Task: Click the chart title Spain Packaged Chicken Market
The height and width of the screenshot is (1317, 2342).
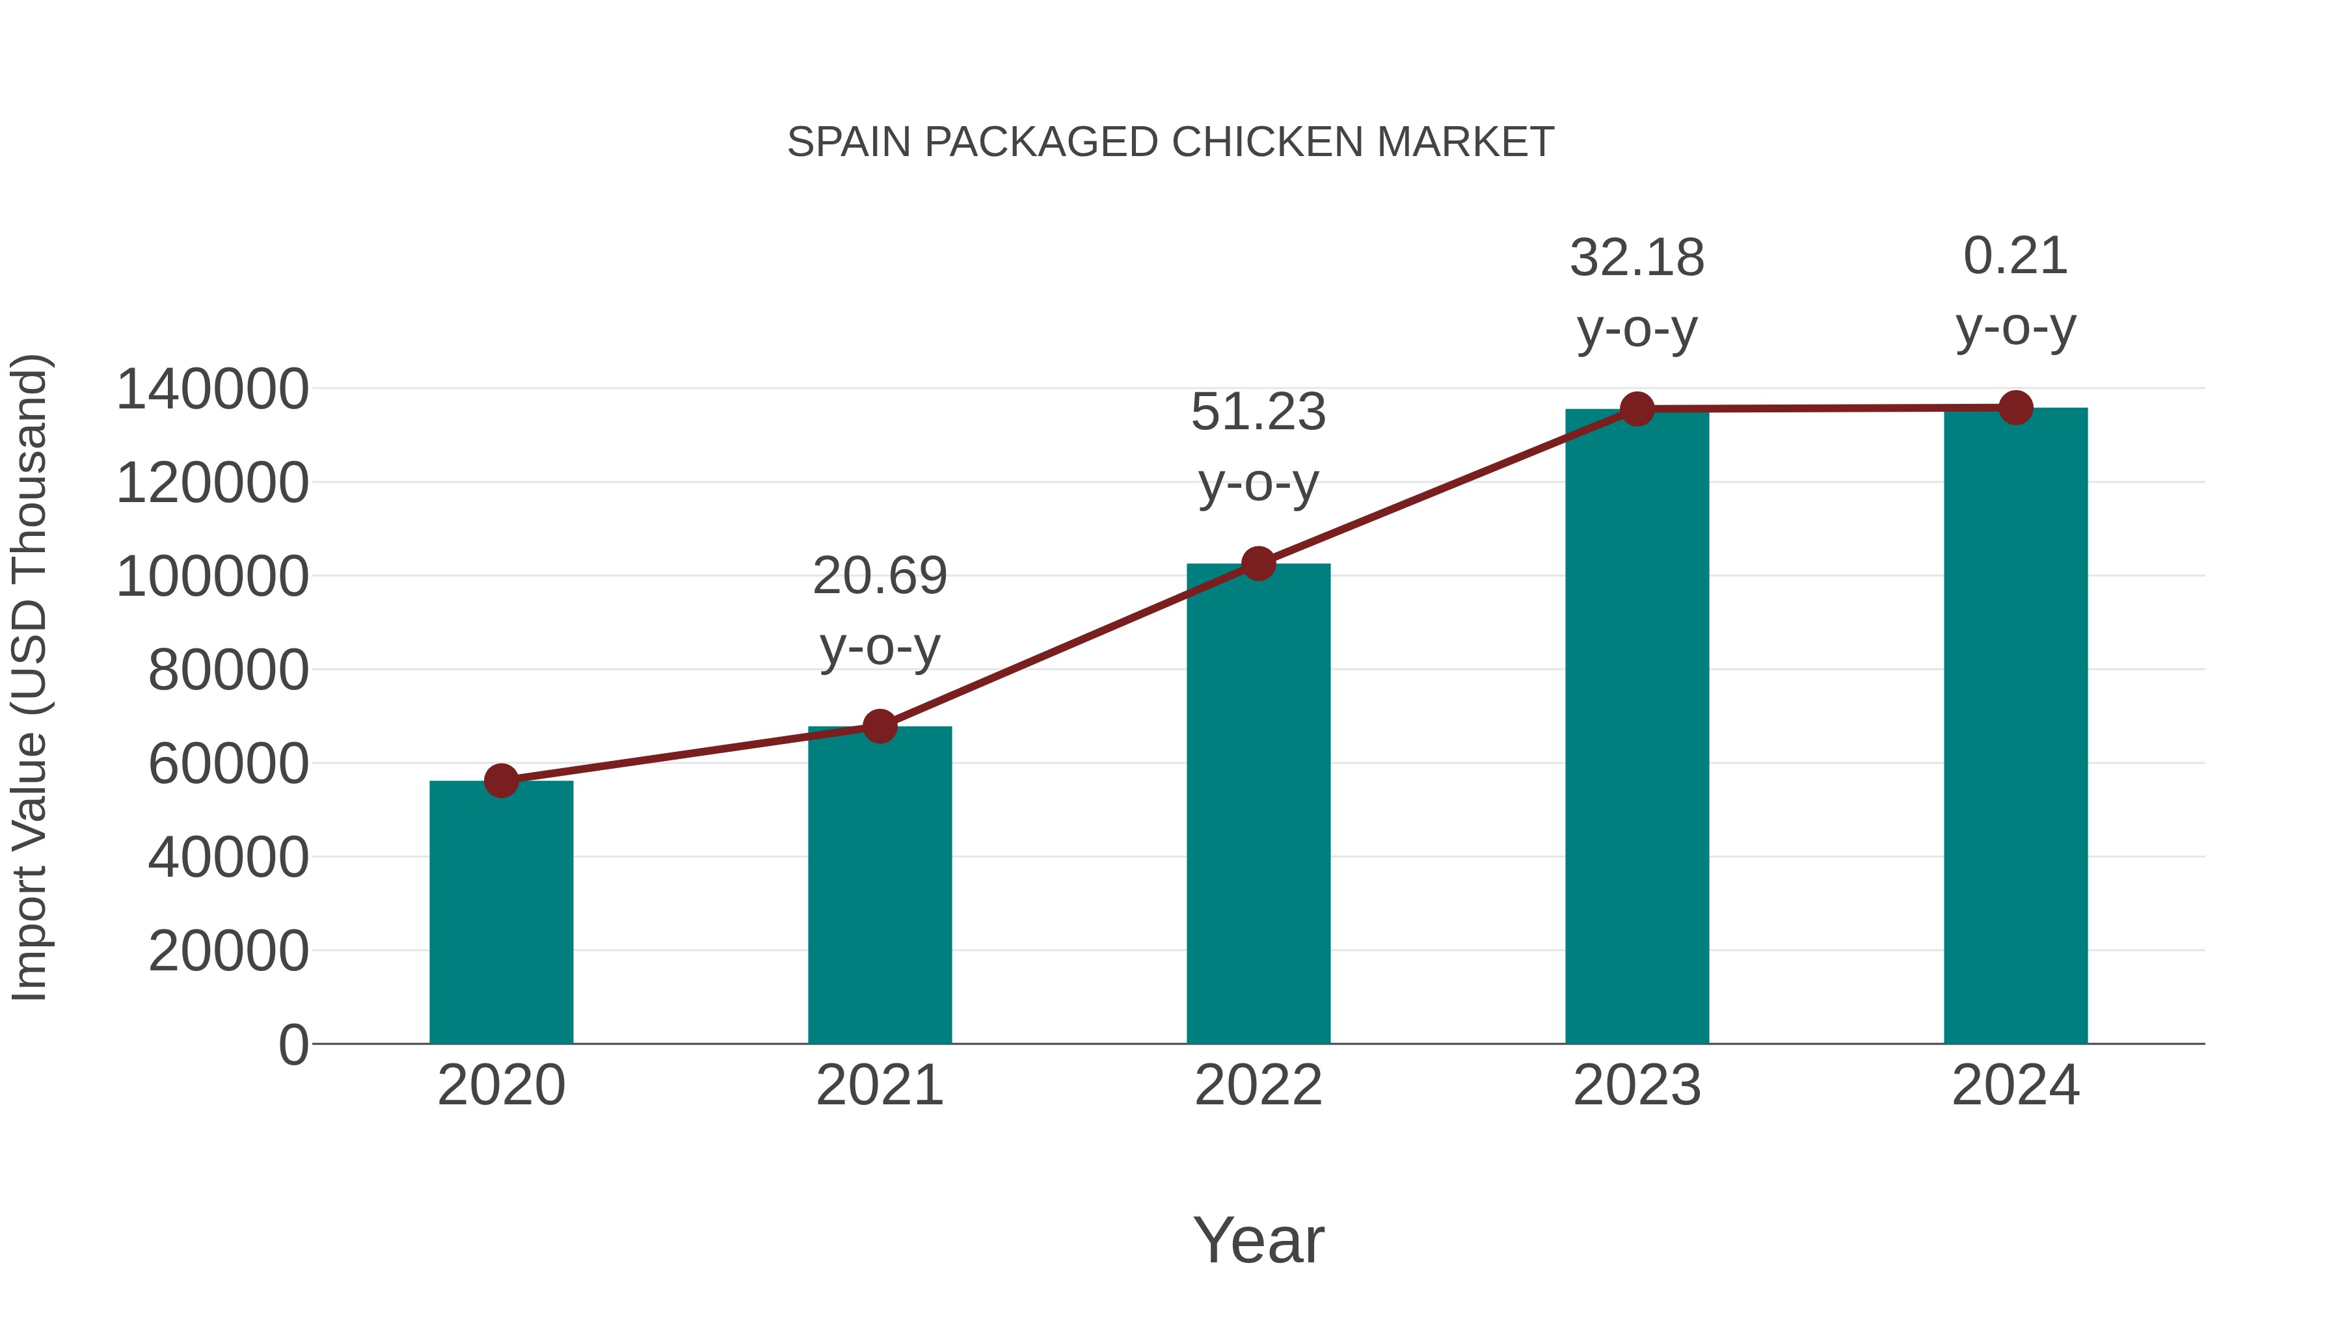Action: pyautogui.click(x=1170, y=142)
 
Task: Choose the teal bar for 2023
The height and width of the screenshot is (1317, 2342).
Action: pyautogui.click(x=1637, y=726)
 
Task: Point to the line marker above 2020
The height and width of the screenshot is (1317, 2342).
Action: pyautogui.click(x=501, y=780)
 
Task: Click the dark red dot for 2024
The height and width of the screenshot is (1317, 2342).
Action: pyautogui.click(x=2015, y=408)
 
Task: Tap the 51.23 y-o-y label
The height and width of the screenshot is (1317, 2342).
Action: pyautogui.click(x=1258, y=447)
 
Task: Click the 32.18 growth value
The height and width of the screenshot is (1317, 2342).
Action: pyautogui.click(x=1637, y=259)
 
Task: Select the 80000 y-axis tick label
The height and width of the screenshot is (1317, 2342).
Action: pyautogui.click(x=228, y=671)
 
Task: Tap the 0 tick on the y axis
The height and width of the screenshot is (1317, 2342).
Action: pyautogui.click(x=293, y=1045)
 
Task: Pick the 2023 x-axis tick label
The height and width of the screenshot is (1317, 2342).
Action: pyautogui.click(x=1637, y=1085)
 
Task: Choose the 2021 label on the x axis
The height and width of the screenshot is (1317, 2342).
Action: pyautogui.click(x=879, y=1085)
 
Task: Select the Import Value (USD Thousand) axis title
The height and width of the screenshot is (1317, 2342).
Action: pyautogui.click(x=29, y=677)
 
